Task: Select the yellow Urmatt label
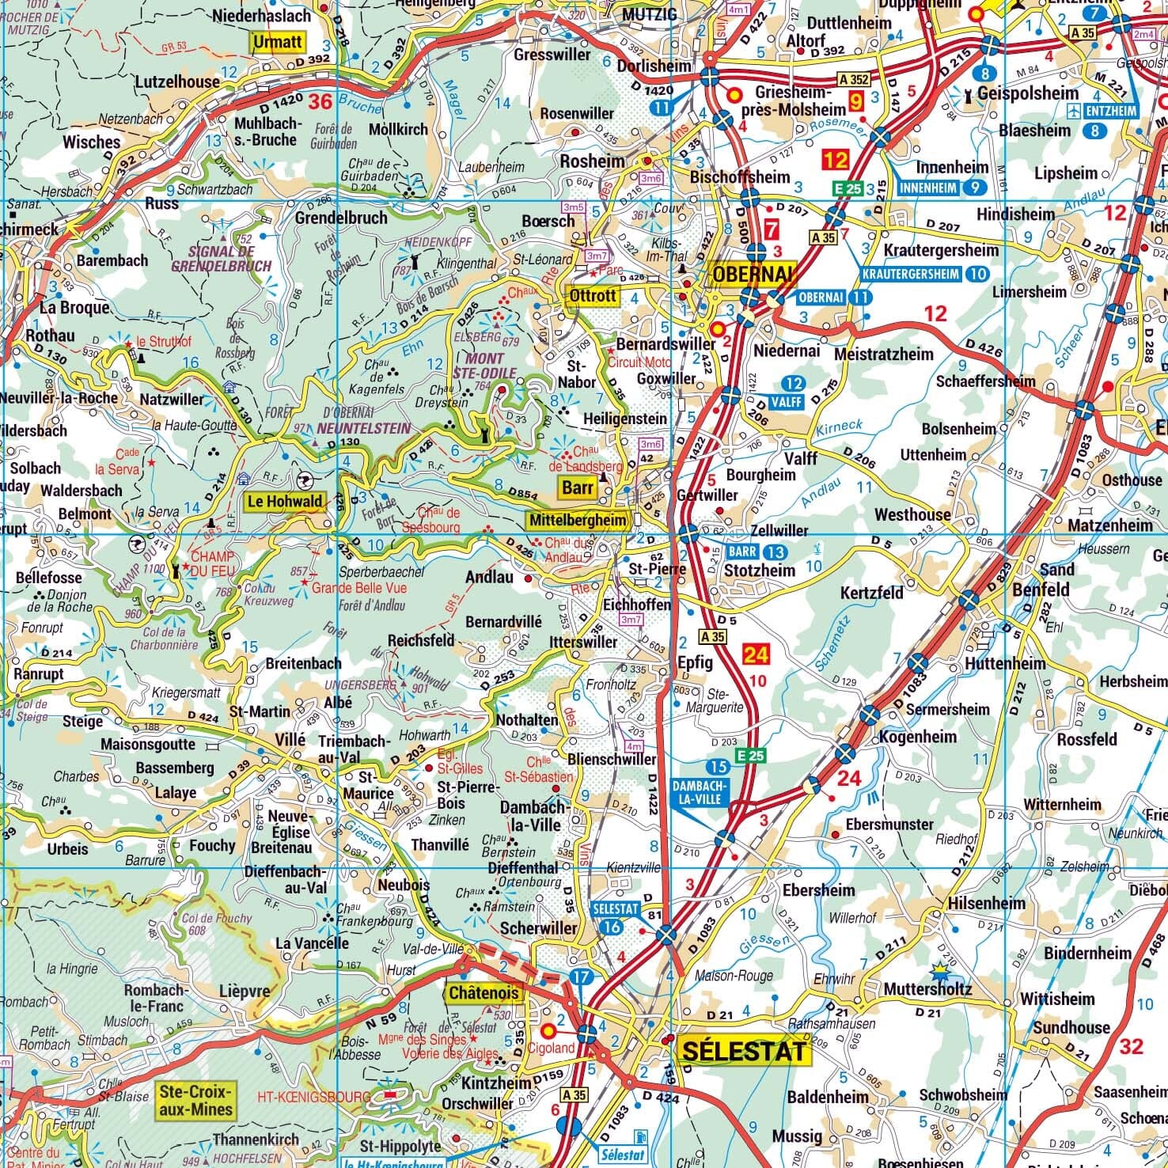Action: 278,42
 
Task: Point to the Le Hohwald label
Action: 285,501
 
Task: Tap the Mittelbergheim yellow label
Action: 578,520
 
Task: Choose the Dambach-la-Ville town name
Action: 534,816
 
